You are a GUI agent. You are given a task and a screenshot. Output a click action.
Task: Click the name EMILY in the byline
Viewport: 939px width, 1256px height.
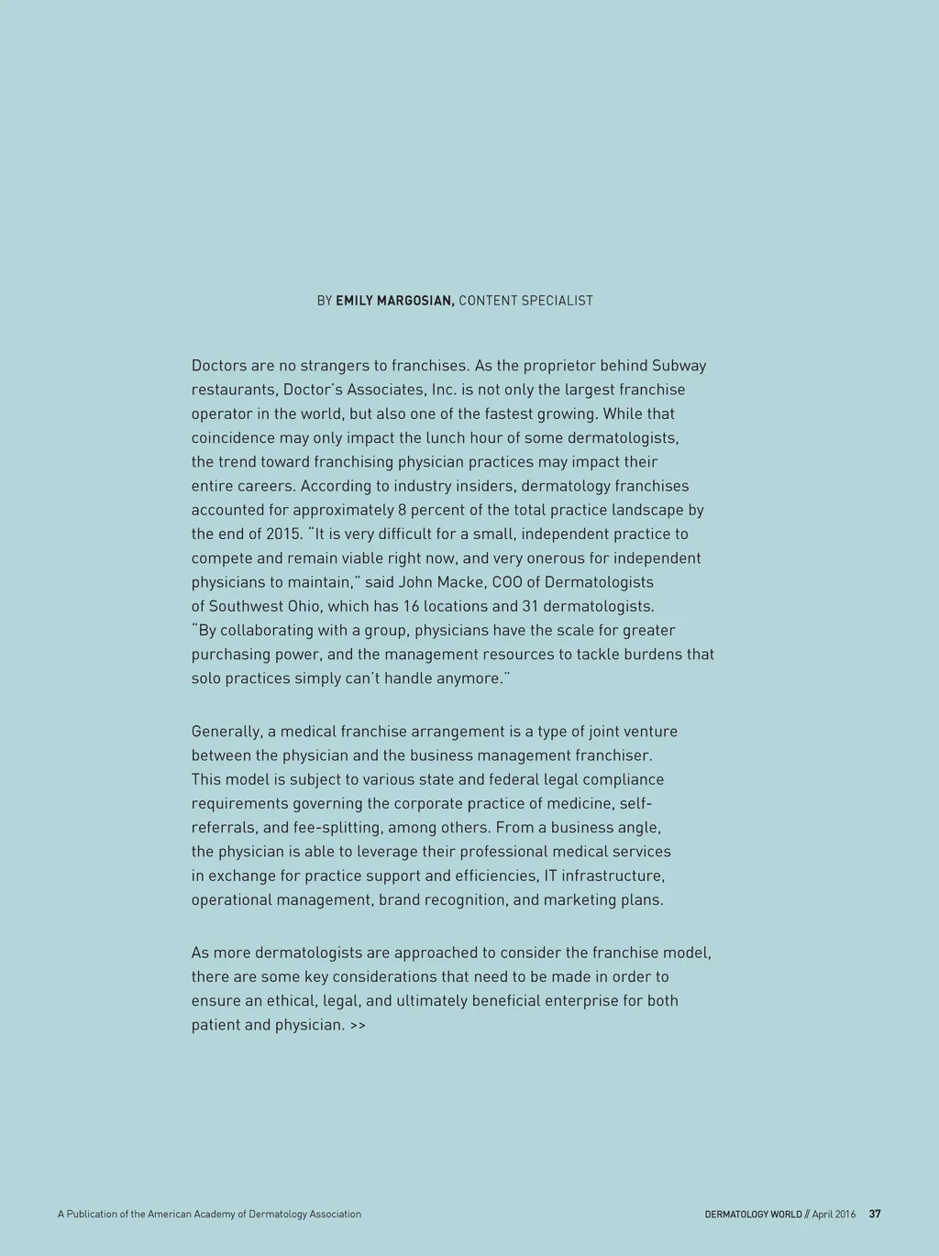click(354, 301)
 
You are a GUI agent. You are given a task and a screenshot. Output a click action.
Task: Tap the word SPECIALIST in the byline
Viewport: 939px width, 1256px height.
click(558, 301)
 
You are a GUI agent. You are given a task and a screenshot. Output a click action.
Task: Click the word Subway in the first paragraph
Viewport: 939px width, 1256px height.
click(679, 366)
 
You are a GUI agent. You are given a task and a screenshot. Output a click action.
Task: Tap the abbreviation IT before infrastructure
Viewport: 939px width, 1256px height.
click(550, 876)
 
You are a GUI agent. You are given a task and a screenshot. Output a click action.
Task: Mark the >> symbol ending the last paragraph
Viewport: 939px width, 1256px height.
click(358, 1025)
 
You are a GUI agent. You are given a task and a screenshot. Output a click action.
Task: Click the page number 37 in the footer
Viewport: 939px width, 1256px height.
click(875, 1214)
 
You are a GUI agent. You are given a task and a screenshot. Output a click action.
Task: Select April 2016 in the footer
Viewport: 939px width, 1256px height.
click(834, 1214)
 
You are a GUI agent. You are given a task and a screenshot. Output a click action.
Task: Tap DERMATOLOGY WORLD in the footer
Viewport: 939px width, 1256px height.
click(753, 1214)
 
